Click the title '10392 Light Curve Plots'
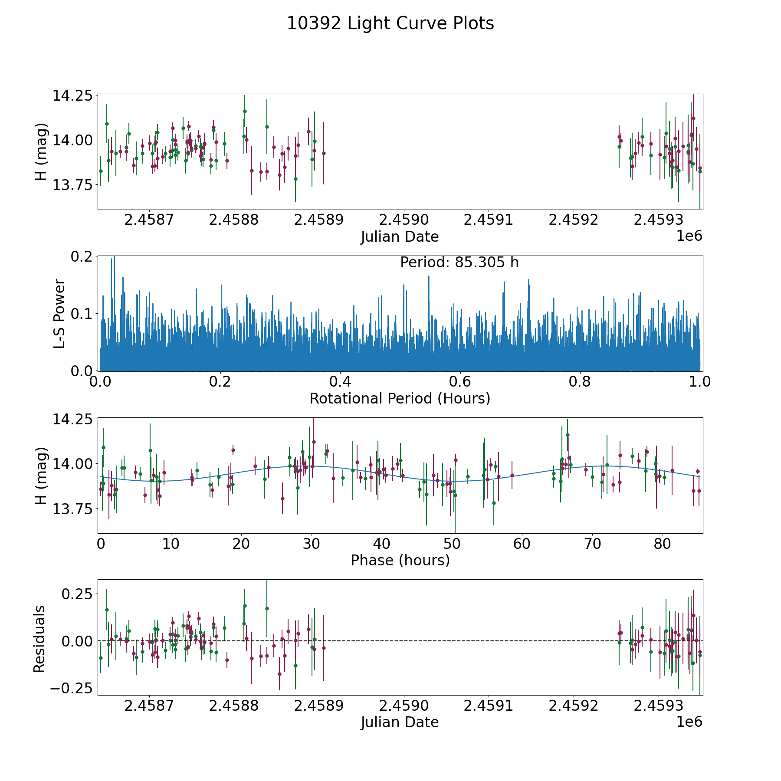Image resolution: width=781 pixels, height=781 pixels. coord(390,23)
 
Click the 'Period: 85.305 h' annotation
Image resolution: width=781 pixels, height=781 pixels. coord(459,263)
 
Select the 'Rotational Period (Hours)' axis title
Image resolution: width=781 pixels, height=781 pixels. coord(400,398)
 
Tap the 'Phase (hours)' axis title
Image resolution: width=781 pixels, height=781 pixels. coord(400,561)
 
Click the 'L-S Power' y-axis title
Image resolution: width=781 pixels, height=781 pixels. coord(60,314)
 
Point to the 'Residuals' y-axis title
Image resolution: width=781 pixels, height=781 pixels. coord(39,639)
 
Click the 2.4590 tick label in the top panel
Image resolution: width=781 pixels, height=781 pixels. coord(404,220)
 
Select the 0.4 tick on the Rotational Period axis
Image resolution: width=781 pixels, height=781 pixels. coord(340,382)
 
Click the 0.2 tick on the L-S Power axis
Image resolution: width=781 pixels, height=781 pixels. coord(82,257)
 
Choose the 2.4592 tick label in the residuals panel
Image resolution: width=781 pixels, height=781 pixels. coord(574,706)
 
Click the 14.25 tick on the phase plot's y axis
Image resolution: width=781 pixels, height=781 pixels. coord(72,420)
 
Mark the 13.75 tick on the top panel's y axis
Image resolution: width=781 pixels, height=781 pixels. coord(72,185)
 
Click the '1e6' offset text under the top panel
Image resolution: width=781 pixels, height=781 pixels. coord(689,236)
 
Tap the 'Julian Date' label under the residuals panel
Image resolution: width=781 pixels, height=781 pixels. coord(400,722)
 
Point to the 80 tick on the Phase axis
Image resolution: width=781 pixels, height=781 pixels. coord(663,544)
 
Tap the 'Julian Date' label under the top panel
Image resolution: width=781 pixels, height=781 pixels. coord(400,237)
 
